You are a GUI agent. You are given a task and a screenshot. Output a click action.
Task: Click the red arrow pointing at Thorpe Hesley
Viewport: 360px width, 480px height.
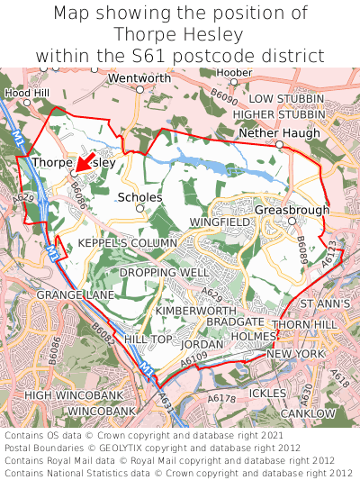pos(86,161)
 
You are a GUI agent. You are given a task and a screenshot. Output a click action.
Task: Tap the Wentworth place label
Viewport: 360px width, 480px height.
pos(139,79)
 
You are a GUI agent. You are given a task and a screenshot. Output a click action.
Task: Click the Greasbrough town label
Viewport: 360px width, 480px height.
pos(292,210)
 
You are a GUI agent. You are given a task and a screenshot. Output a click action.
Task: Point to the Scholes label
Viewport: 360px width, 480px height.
pos(139,196)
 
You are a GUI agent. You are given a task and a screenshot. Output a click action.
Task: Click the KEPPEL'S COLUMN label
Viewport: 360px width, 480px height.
pos(127,244)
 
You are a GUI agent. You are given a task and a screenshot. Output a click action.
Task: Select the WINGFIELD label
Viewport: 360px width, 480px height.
pos(220,221)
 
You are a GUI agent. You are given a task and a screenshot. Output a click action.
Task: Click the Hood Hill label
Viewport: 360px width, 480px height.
pos(28,93)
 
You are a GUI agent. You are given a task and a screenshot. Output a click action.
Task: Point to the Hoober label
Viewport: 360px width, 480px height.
pos(235,72)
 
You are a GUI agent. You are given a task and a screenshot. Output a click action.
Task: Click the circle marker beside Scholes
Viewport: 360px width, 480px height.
pos(139,208)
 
